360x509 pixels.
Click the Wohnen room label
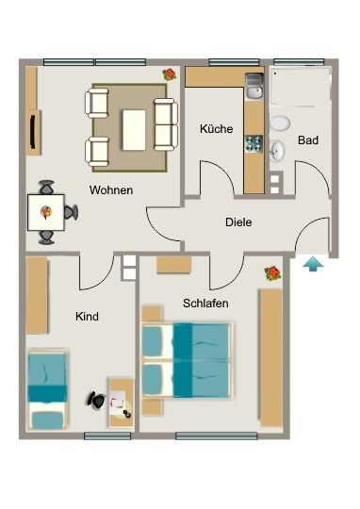tap(111, 189)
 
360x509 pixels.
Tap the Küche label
tap(216, 128)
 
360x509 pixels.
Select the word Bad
tap(308, 140)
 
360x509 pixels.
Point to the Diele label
tap(238, 222)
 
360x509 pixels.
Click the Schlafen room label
tap(205, 304)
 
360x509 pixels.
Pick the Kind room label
tap(87, 317)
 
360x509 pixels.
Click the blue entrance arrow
tap(313, 264)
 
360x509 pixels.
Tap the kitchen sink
tap(254, 87)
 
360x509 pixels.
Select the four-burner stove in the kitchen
tap(254, 144)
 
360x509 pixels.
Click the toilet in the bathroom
tap(280, 123)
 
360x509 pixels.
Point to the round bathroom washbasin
tap(277, 151)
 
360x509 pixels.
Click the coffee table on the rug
tap(134, 130)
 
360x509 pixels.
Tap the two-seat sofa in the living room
tap(166, 124)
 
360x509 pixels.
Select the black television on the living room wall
tap(32, 133)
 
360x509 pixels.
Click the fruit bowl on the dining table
tap(46, 212)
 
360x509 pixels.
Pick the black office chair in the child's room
tap(96, 400)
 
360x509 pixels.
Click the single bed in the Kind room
tap(47, 389)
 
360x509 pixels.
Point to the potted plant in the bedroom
tap(272, 273)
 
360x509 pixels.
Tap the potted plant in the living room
tap(170, 74)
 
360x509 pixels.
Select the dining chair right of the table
tap(71, 212)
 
